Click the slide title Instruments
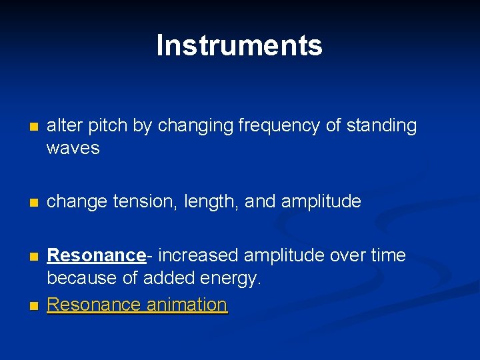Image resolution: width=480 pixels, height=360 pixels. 239,45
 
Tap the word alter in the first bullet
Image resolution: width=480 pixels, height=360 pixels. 61,125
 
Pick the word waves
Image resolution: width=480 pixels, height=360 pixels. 73,148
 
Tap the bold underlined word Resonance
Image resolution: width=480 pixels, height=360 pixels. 96,255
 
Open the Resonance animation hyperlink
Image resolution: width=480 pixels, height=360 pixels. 137,305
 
